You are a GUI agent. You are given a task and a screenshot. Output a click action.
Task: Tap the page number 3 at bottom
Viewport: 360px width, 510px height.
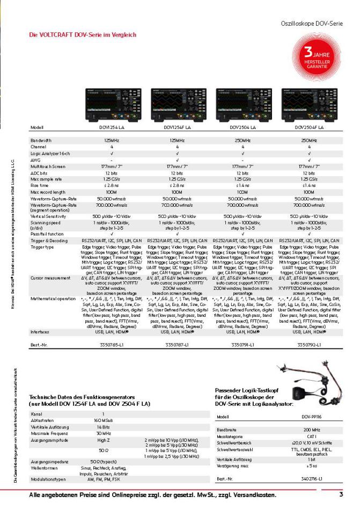[340, 494]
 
